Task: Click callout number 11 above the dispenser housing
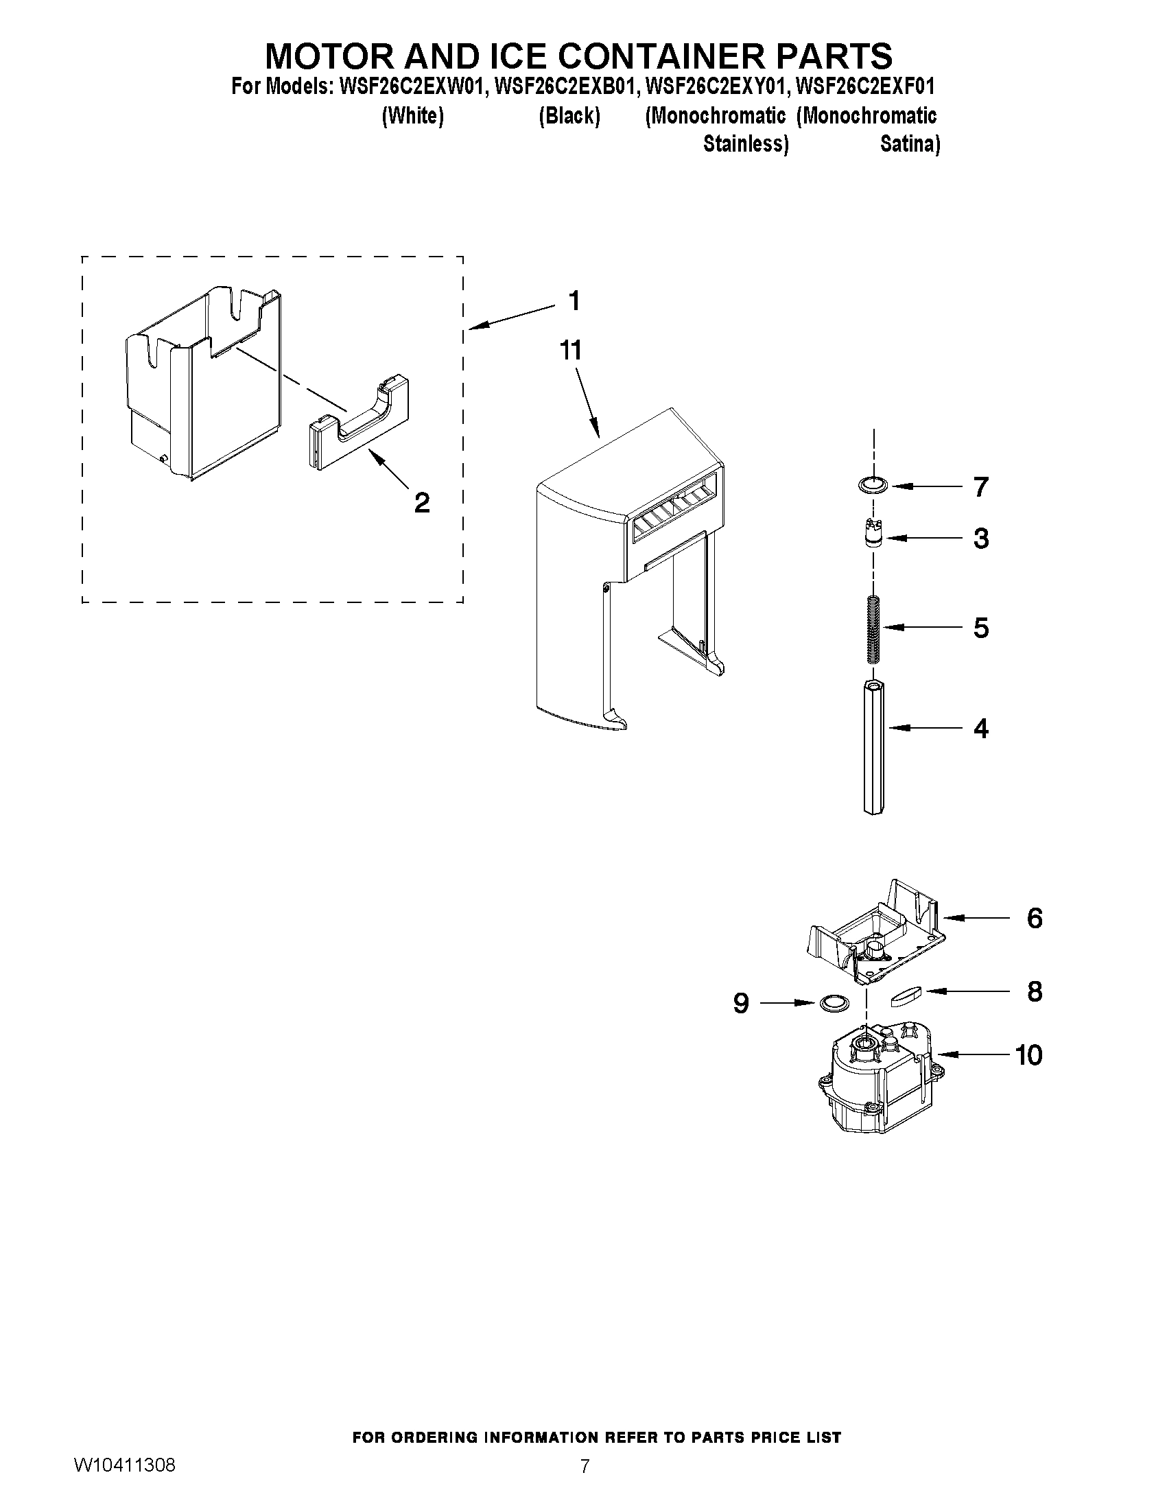coord(571,351)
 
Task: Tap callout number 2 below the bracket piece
coord(422,503)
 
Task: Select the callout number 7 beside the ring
coord(980,486)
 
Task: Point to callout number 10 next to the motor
coord(1028,1055)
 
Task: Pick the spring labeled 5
coord(874,628)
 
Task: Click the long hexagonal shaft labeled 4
coord(874,746)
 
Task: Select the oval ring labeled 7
coord(873,486)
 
